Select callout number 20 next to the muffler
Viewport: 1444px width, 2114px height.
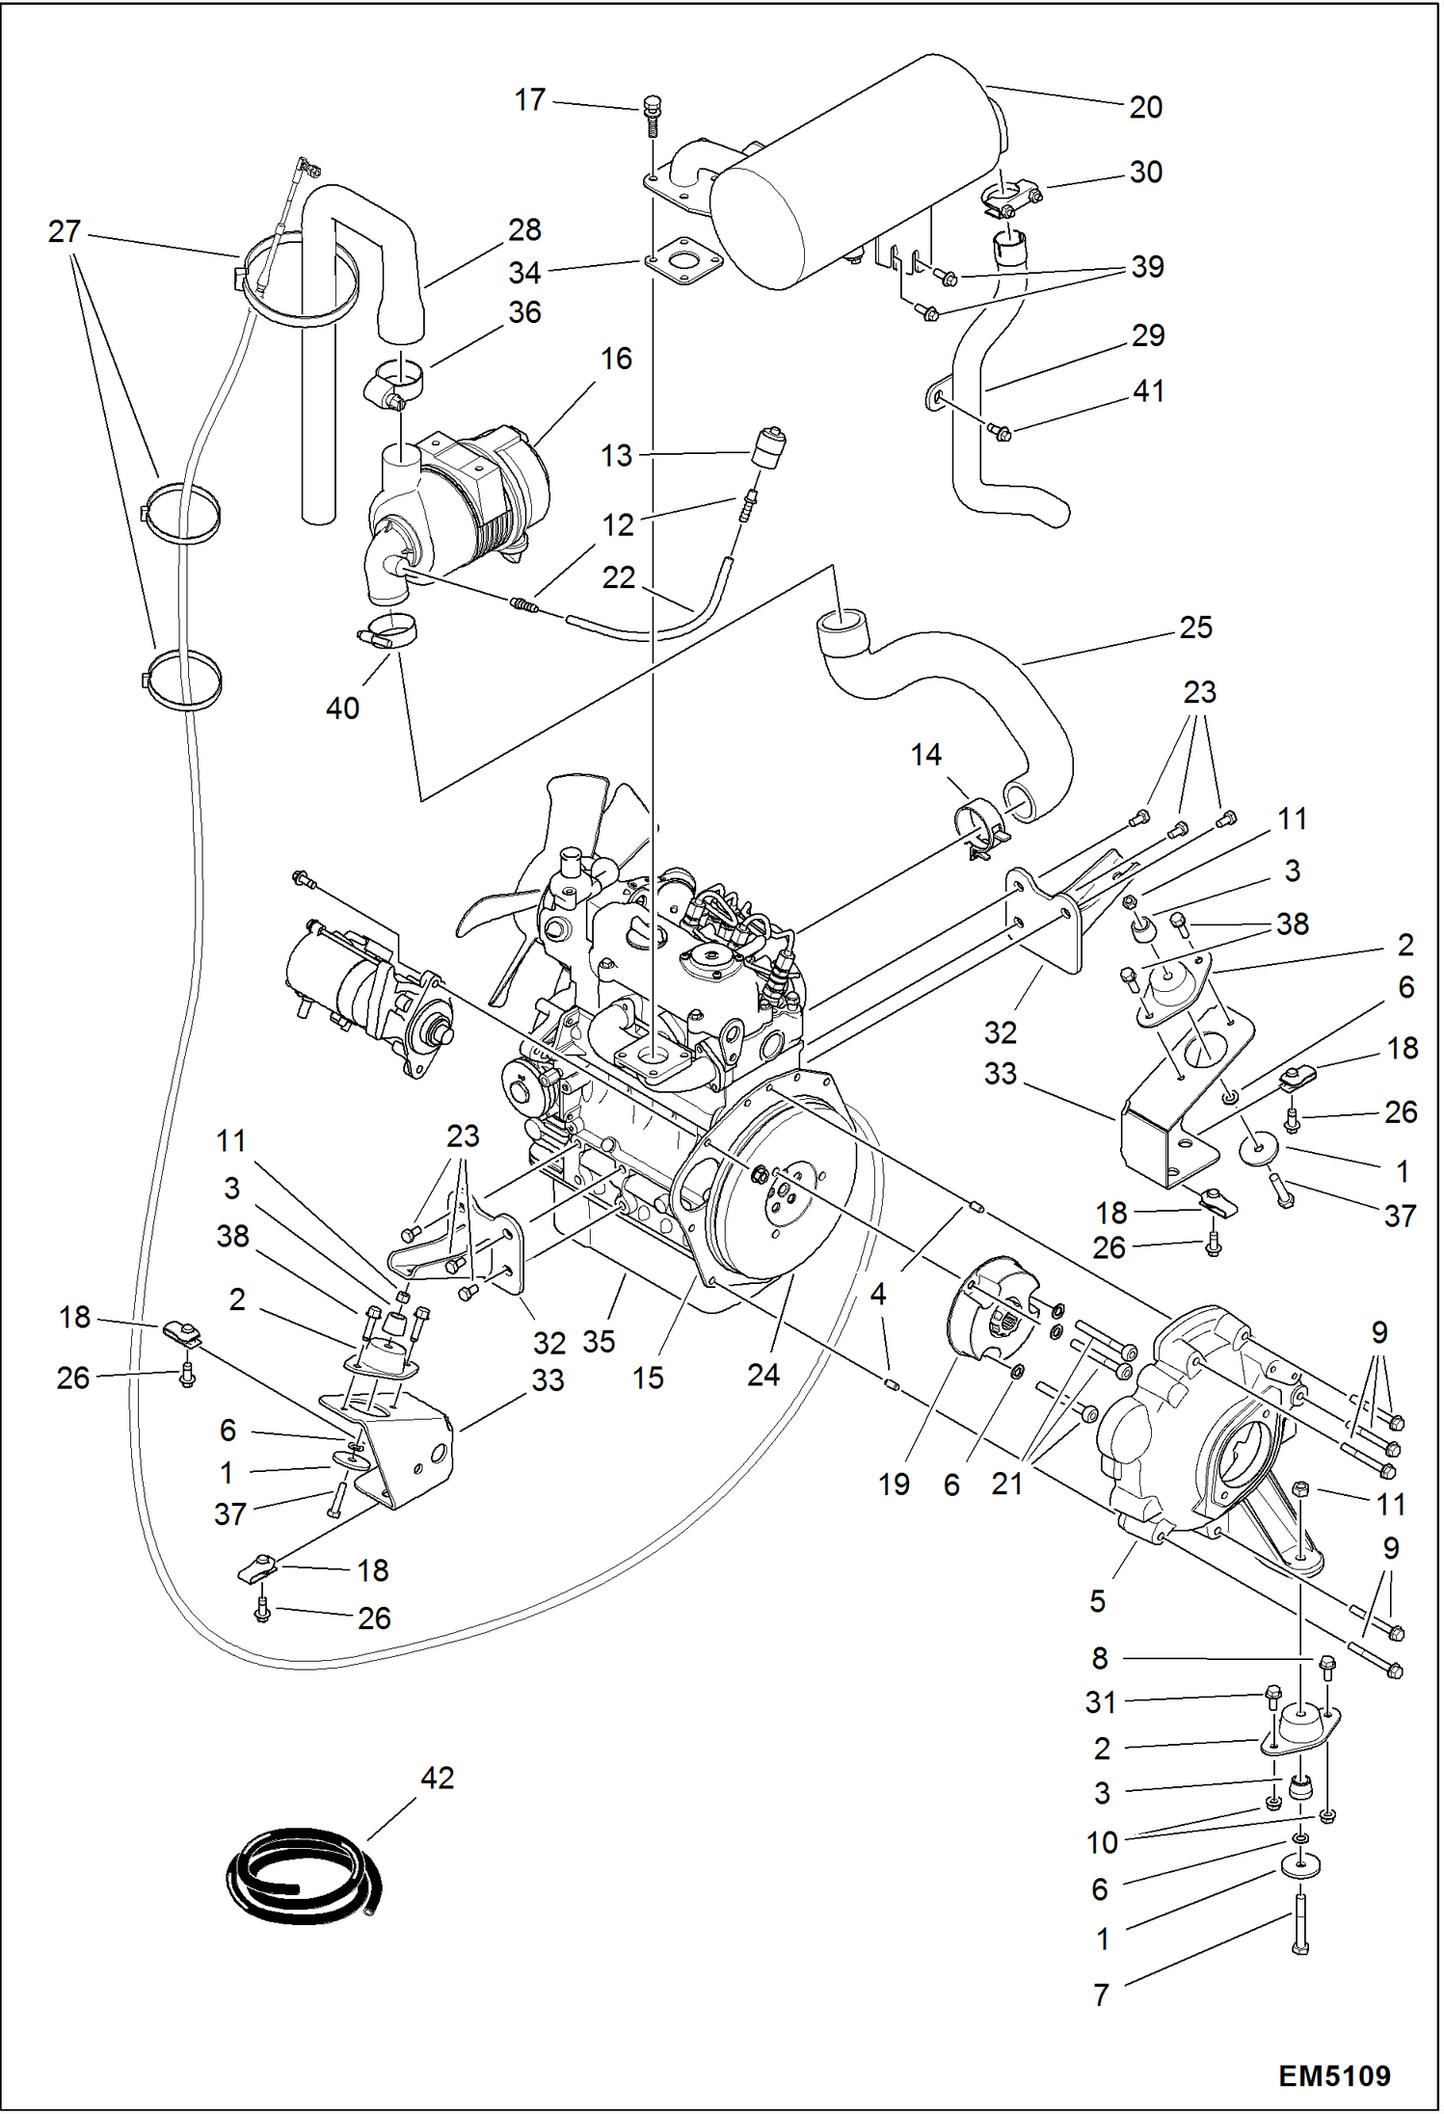click(1145, 107)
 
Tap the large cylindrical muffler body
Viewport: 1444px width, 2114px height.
click(848, 174)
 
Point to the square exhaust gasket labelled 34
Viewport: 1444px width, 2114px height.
click(685, 261)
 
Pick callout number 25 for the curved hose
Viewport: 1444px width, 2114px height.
click(1195, 628)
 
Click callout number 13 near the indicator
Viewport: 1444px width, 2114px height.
click(616, 455)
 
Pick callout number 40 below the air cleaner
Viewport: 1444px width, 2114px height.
click(342, 709)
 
